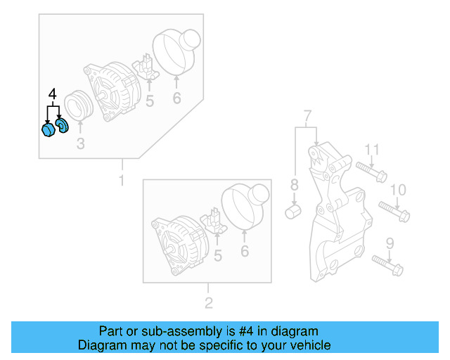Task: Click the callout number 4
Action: [x=51, y=94]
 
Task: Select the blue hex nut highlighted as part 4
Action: [x=48, y=131]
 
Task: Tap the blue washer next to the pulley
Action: [x=61, y=126]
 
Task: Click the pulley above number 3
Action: [x=79, y=108]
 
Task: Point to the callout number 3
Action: [x=80, y=145]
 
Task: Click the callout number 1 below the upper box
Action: [x=121, y=181]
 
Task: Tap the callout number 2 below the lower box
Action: [x=208, y=304]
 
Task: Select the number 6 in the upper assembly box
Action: [x=176, y=98]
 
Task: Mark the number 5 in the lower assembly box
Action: [x=218, y=257]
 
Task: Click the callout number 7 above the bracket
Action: [x=307, y=115]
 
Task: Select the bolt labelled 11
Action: [x=371, y=170]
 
